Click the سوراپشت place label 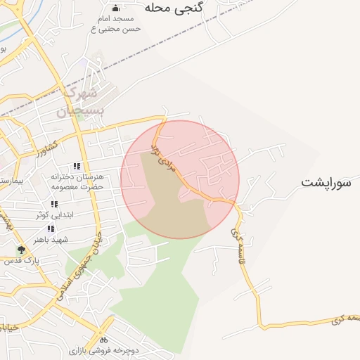[x=326, y=182]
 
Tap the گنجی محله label [x=174, y=8]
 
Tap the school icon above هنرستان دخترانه [x=77, y=166]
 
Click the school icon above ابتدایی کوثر [x=55, y=204]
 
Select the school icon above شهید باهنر [x=51, y=229]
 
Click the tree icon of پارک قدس [x=22, y=249]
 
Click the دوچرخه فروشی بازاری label [x=103, y=349]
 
